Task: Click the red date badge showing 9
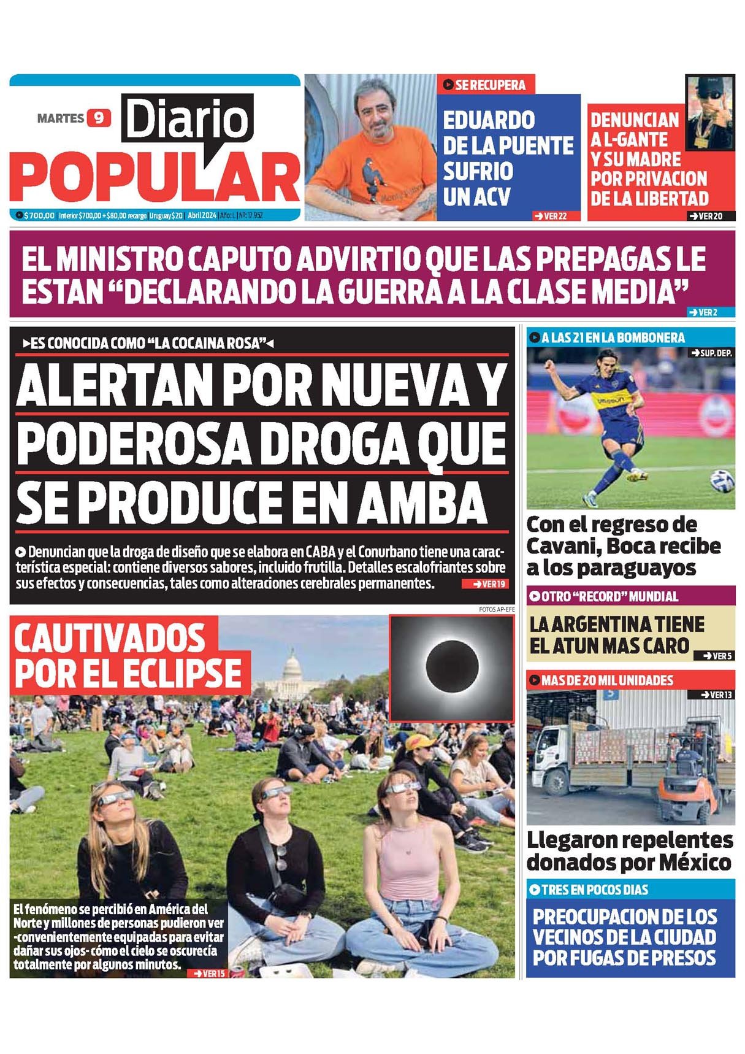point(99,117)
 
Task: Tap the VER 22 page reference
point(551,216)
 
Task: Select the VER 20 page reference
point(709,216)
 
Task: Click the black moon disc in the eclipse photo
point(452,666)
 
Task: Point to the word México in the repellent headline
point(695,863)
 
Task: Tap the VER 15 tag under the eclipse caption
point(210,973)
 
